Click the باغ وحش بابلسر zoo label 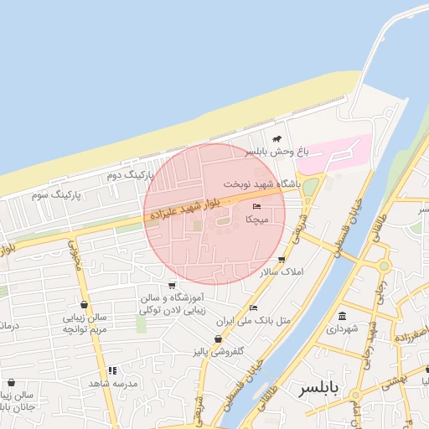click(x=277, y=152)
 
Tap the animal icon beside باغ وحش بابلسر click(x=277, y=138)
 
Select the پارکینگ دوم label click(x=132, y=174)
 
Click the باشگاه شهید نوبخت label click(x=261, y=183)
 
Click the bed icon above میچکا click(x=256, y=206)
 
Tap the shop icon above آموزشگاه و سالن click(x=172, y=285)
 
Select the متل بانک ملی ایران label click(x=253, y=320)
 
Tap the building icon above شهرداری click(x=342, y=316)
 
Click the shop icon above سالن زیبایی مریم click(x=84, y=305)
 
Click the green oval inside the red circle click(x=224, y=221)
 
